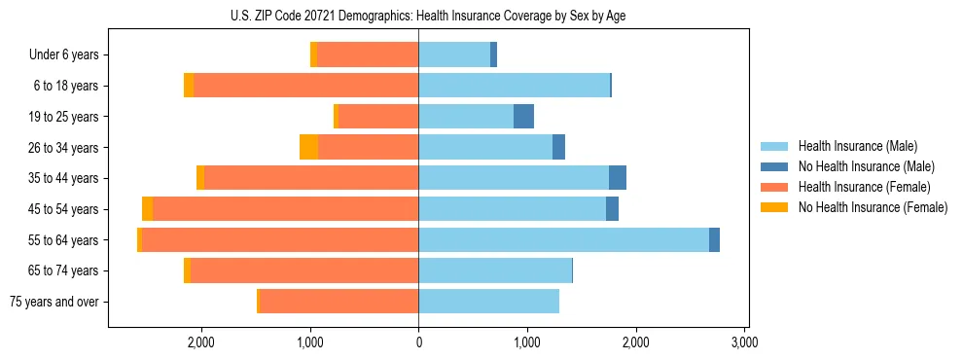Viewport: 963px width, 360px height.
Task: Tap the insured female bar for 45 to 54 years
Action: tap(286, 209)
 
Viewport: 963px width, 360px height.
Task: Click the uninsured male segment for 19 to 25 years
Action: tap(523, 117)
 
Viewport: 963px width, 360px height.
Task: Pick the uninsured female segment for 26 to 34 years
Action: tap(308, 147)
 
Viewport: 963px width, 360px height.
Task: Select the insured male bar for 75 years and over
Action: tap(488, 302)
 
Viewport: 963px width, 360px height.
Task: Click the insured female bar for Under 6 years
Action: tap(368, 54)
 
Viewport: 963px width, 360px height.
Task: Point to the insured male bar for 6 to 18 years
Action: tap(514, 86)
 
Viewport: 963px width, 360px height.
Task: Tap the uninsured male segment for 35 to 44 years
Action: tap(618, 178)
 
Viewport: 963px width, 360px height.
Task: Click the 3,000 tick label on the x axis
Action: tap(744, 342)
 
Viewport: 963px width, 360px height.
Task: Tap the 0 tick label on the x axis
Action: tap(418, 342)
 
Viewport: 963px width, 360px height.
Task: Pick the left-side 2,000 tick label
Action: tap(201, 342)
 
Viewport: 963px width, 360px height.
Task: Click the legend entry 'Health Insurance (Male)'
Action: tap(857, 146)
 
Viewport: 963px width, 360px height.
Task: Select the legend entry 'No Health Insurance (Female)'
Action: tap(873, 207)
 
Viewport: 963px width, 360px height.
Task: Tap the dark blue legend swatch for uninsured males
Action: tap(775, 166)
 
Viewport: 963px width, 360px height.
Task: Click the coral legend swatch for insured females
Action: tap(775, 187)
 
